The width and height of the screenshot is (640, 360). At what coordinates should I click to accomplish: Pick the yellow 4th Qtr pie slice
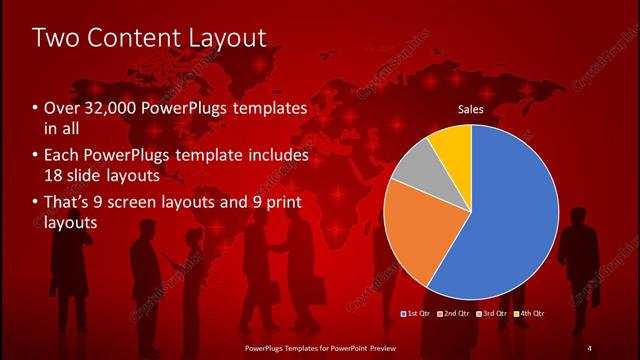pos(452,145)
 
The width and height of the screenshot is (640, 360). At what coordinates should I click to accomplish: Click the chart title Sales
pos(471,109)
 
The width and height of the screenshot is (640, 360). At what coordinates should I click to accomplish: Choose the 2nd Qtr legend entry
pos(454,315)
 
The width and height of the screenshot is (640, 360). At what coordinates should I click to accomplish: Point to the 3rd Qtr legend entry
pos(493,315)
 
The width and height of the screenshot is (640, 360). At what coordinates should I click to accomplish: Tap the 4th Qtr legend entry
pos(531,315)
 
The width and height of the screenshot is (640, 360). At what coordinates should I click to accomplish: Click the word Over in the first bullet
pos(61,108)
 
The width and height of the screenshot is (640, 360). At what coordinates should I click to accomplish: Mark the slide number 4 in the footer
pos(589,347)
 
